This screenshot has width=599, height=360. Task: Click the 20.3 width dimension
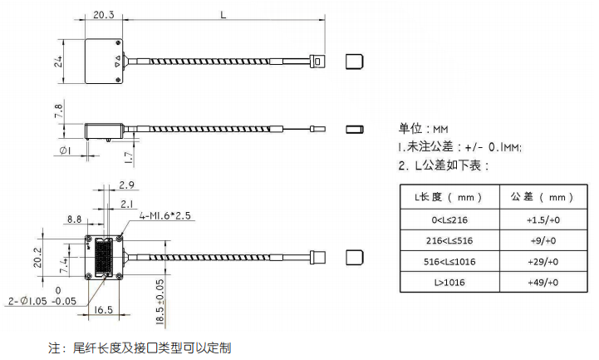coord(104,15)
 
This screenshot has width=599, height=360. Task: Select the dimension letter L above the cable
coord(223,14)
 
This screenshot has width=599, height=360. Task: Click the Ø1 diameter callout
coord(66,150)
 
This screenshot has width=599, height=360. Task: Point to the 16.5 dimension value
coord(104,310)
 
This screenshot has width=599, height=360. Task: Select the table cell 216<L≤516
coord(449,240)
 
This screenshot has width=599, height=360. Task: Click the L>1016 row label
coord(449,283)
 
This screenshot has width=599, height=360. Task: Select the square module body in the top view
coord(104,62)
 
